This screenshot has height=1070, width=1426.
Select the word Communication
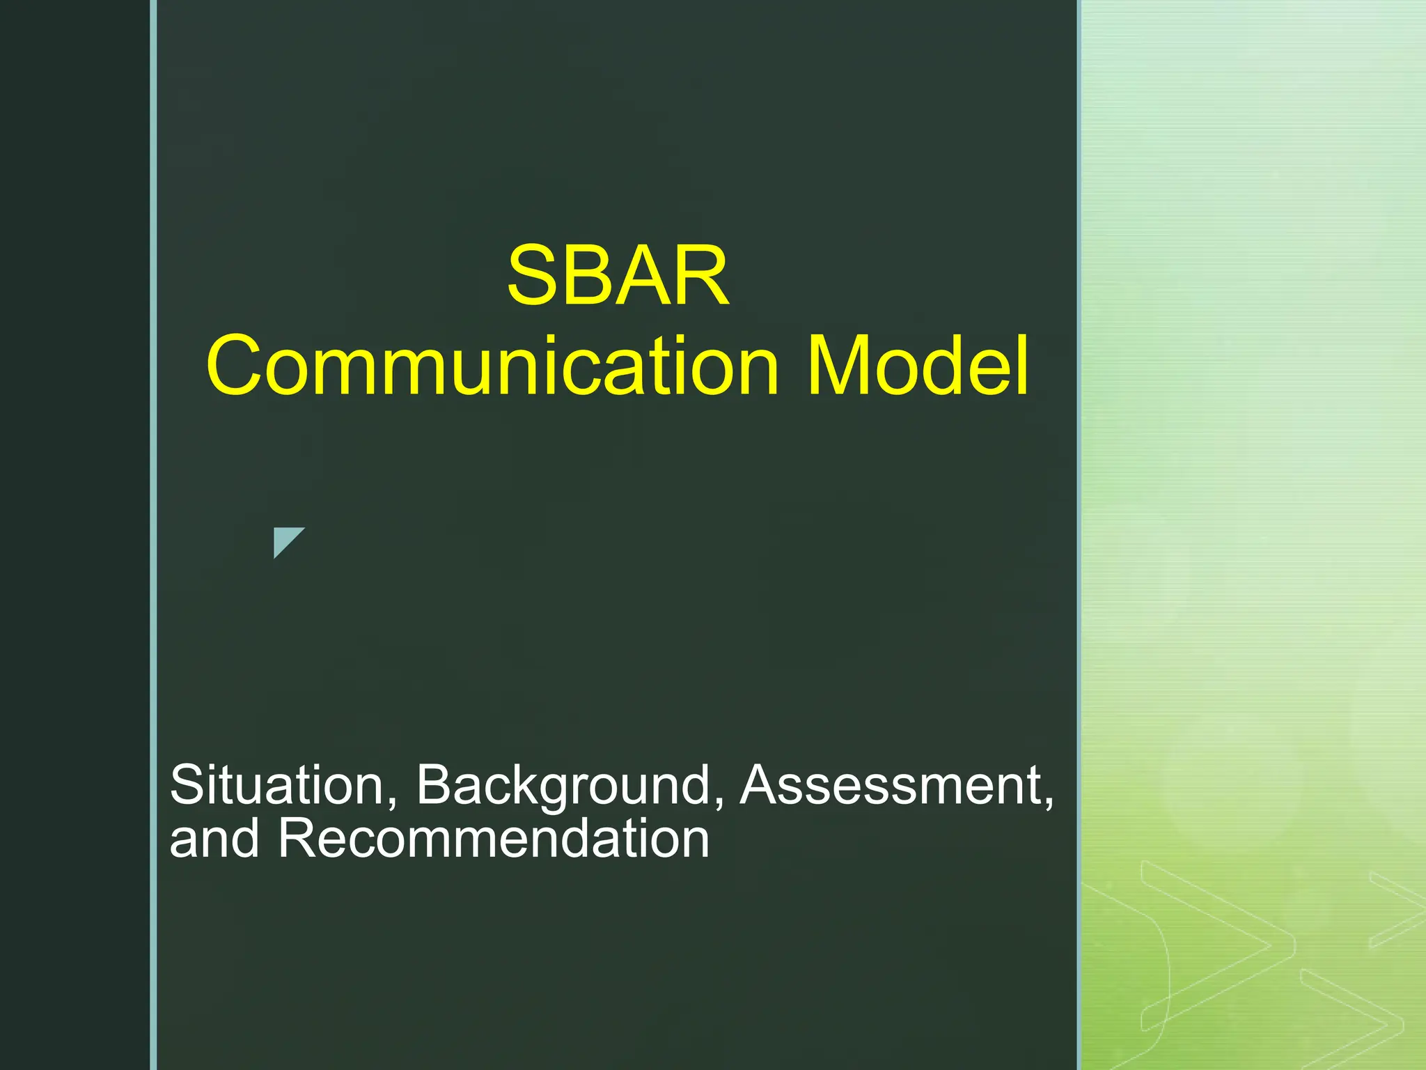(x=492, y=366)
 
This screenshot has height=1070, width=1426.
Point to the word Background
(x=563, y=785)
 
